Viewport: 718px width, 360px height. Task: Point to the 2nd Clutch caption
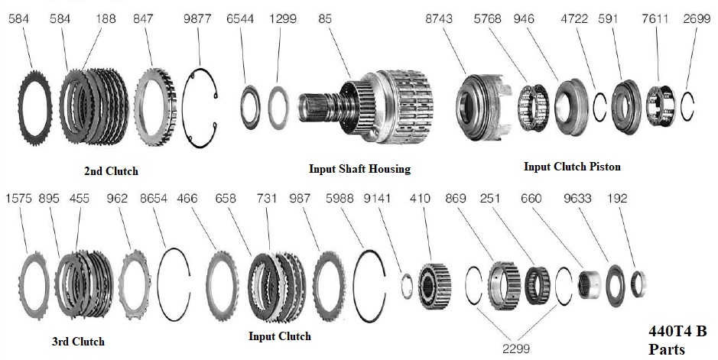point(111,171)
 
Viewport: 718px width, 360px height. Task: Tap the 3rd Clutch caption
point(80,341)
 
